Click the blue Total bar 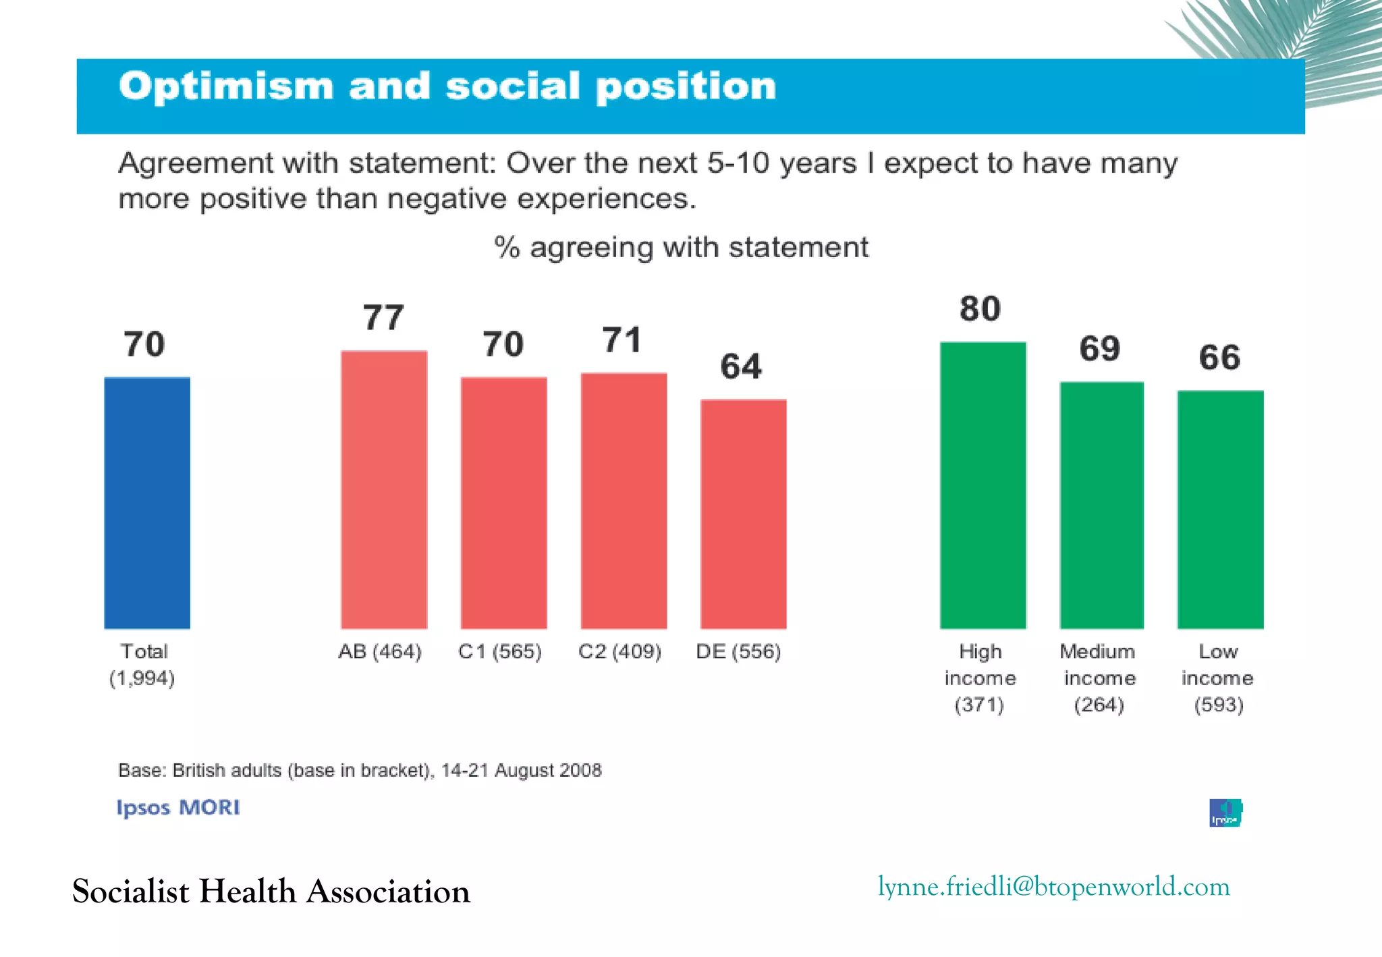(147, 503)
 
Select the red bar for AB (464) (384, 490)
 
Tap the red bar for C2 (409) (624, 501)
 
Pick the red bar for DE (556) (743, 514)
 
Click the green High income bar (983, 485)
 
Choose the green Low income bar (1220, 510)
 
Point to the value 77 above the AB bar (383, 318)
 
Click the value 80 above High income (980, 309)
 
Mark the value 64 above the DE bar (741, 366)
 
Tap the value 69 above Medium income (1099, 349)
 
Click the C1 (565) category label (500, 652)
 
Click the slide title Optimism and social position (447, 86)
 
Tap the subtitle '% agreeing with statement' (681, 248)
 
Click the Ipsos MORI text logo (177, 808)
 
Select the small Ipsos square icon (1225, 813)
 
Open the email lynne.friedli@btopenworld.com (1053, 887)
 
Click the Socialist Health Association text (271, 892)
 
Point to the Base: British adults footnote (360, 771)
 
